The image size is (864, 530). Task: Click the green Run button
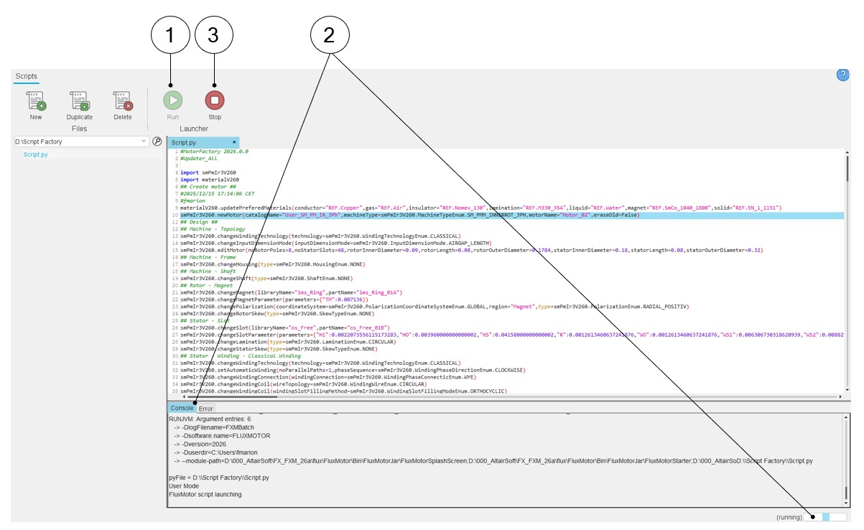(172, 100)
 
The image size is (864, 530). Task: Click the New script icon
(36, 100)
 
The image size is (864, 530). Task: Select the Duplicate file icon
(79, 100)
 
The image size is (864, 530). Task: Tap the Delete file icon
(123, 100)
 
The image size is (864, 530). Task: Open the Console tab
(182, 408)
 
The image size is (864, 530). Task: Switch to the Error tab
(205, 409)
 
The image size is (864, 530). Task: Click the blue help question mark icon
(843, 75)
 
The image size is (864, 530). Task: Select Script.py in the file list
(36, 154)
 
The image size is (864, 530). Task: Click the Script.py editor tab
(184, 143)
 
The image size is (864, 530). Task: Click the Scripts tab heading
(27, 76)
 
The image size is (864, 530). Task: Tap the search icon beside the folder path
(157, 141)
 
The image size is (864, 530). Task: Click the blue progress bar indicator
(826, 517)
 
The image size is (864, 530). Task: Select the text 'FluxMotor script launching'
(205, 494)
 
